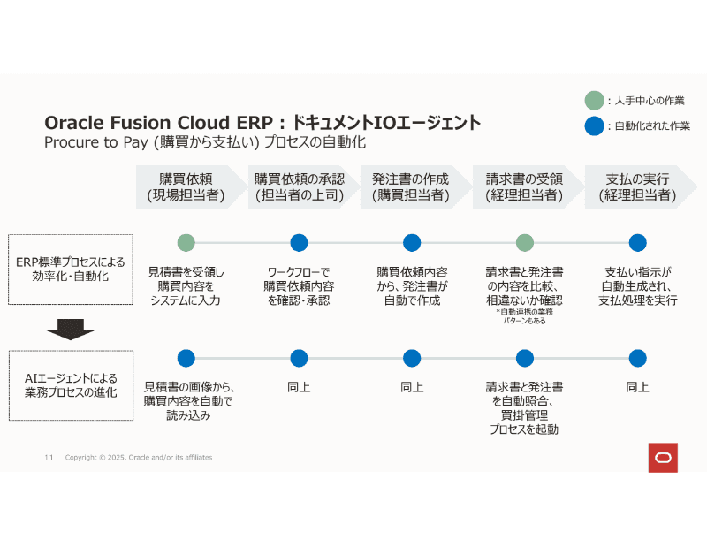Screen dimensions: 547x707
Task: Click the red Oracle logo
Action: (662, 457)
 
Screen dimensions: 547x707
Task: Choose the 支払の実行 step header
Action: (637, 186)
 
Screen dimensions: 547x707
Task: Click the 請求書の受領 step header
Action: (524, 186)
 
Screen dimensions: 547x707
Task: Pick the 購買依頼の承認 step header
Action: (299, 186)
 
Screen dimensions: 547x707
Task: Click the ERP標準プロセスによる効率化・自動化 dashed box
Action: (71, 270)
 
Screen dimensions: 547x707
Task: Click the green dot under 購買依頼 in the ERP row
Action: (186, 242)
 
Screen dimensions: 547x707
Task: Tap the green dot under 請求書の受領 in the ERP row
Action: (525, 242)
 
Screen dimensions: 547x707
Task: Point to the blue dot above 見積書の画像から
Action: (186, 358)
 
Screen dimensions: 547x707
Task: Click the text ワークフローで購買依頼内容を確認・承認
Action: (299, 286)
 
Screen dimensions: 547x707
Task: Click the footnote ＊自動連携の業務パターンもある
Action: (525, 317)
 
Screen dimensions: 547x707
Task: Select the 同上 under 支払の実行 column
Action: (637, 387)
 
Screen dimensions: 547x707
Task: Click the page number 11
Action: (49, 457)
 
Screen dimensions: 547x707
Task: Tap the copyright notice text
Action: (139, 457)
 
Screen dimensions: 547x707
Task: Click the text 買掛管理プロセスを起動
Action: (524, 422)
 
